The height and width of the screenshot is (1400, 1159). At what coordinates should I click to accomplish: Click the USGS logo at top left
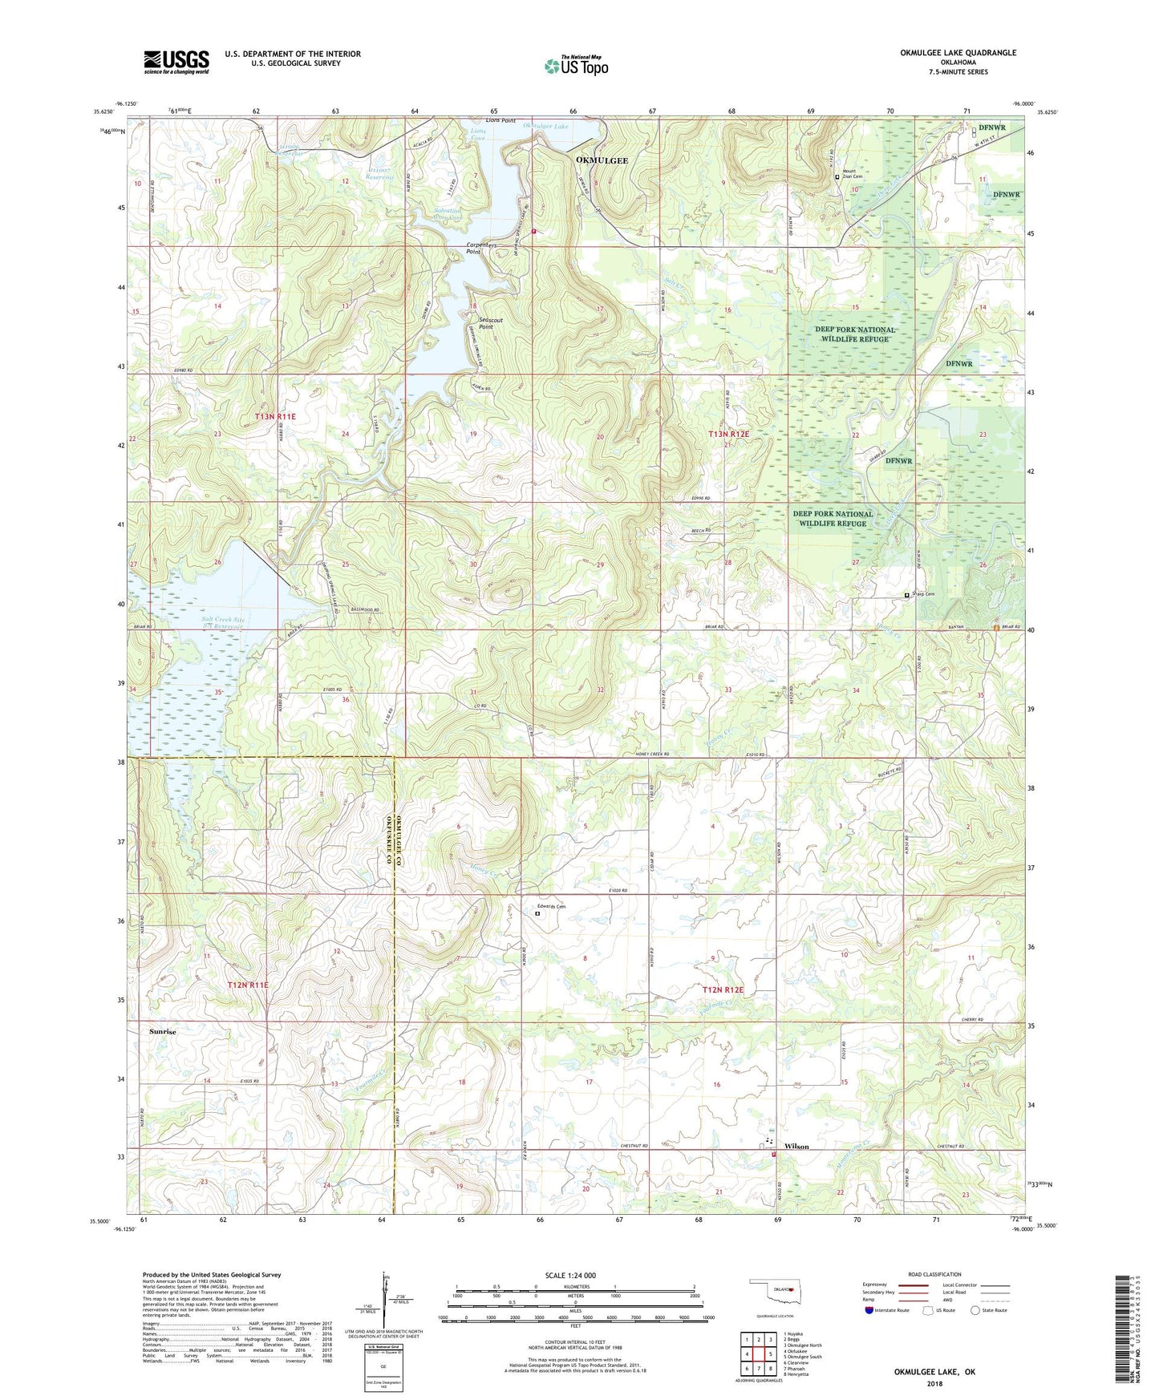176,61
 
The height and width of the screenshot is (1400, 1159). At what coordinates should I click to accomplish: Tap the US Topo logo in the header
576,66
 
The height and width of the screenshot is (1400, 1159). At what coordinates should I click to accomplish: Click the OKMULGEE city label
602,160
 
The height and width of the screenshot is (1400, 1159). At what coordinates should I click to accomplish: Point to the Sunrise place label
162,1032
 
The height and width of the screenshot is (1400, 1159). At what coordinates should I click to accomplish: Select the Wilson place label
796,1147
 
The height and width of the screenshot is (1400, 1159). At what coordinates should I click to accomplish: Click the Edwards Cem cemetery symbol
537,912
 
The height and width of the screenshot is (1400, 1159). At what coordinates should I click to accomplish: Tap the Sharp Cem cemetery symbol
907,596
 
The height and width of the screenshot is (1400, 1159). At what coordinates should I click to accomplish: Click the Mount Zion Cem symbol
837,177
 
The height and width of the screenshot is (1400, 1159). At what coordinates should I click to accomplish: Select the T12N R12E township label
723,990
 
